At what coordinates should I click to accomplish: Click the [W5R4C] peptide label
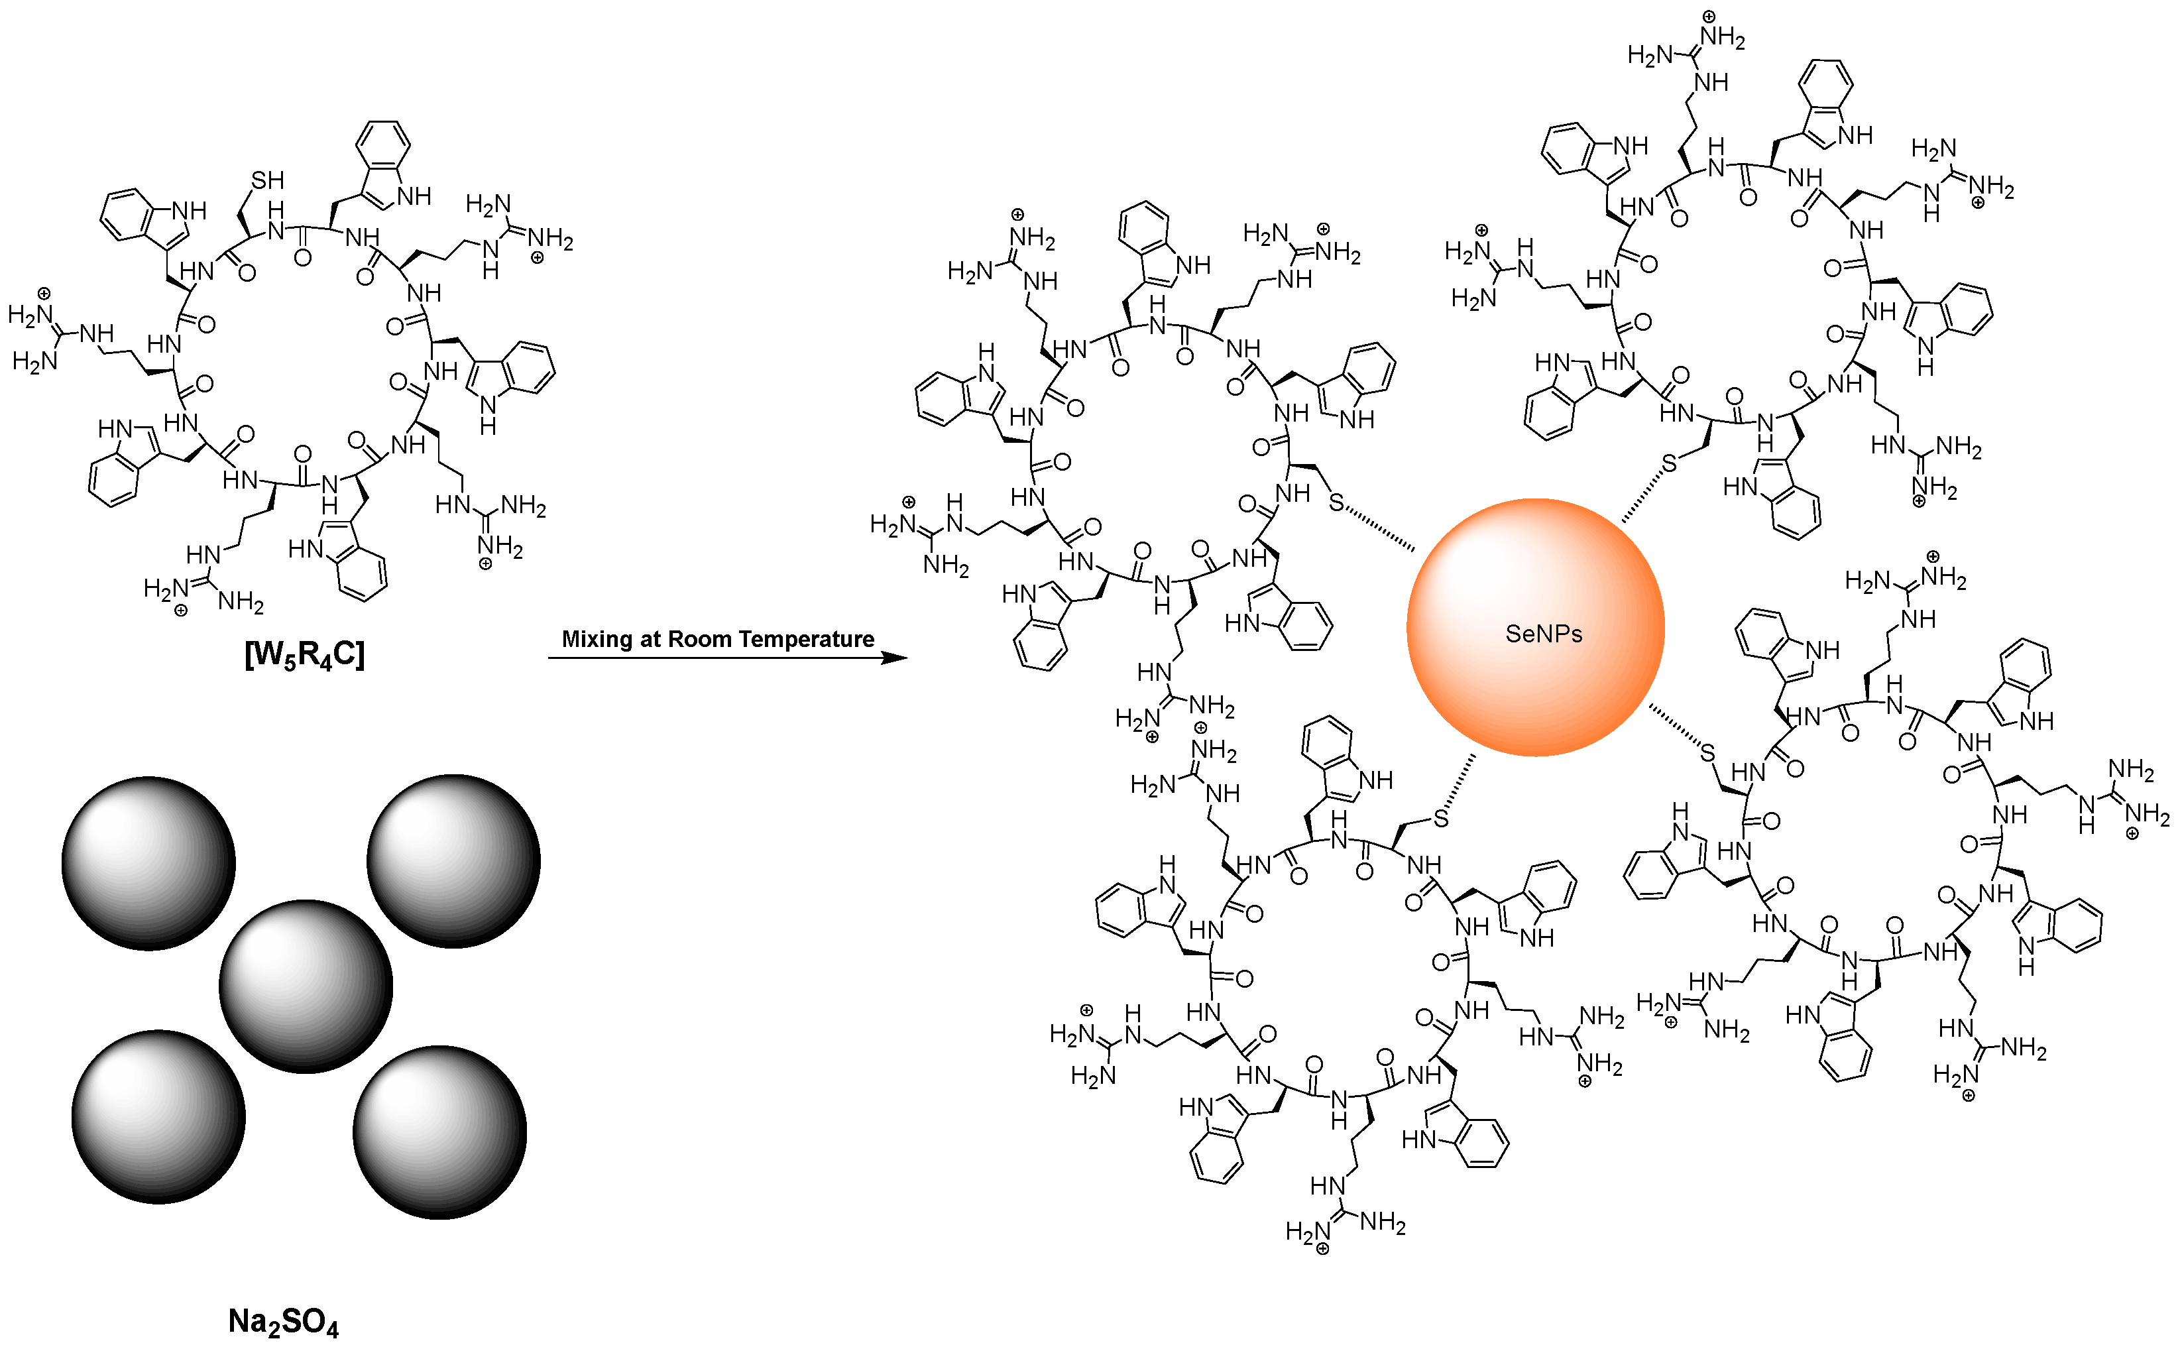click(x=304, y=656)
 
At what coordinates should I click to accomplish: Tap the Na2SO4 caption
click(x=284, y=1321)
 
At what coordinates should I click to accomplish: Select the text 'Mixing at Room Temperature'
click(x=717, y=639)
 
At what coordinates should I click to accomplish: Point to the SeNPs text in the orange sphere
click(x=1543, y=634)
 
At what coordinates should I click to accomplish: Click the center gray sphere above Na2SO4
click(x=306, y=986)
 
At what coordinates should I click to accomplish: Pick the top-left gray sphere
click(x=149, y=862)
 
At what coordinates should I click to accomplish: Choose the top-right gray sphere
click(x=453, y=861)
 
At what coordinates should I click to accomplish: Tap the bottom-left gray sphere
click(x=159, y=1117)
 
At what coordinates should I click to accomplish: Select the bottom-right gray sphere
click(x=439, y=1132)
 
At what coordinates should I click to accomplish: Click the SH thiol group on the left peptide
click(x=266, y=180)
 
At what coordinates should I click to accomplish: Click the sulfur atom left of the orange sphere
click(x=1336, y=503)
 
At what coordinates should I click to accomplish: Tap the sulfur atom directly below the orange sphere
click(x=1440, y=818)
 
